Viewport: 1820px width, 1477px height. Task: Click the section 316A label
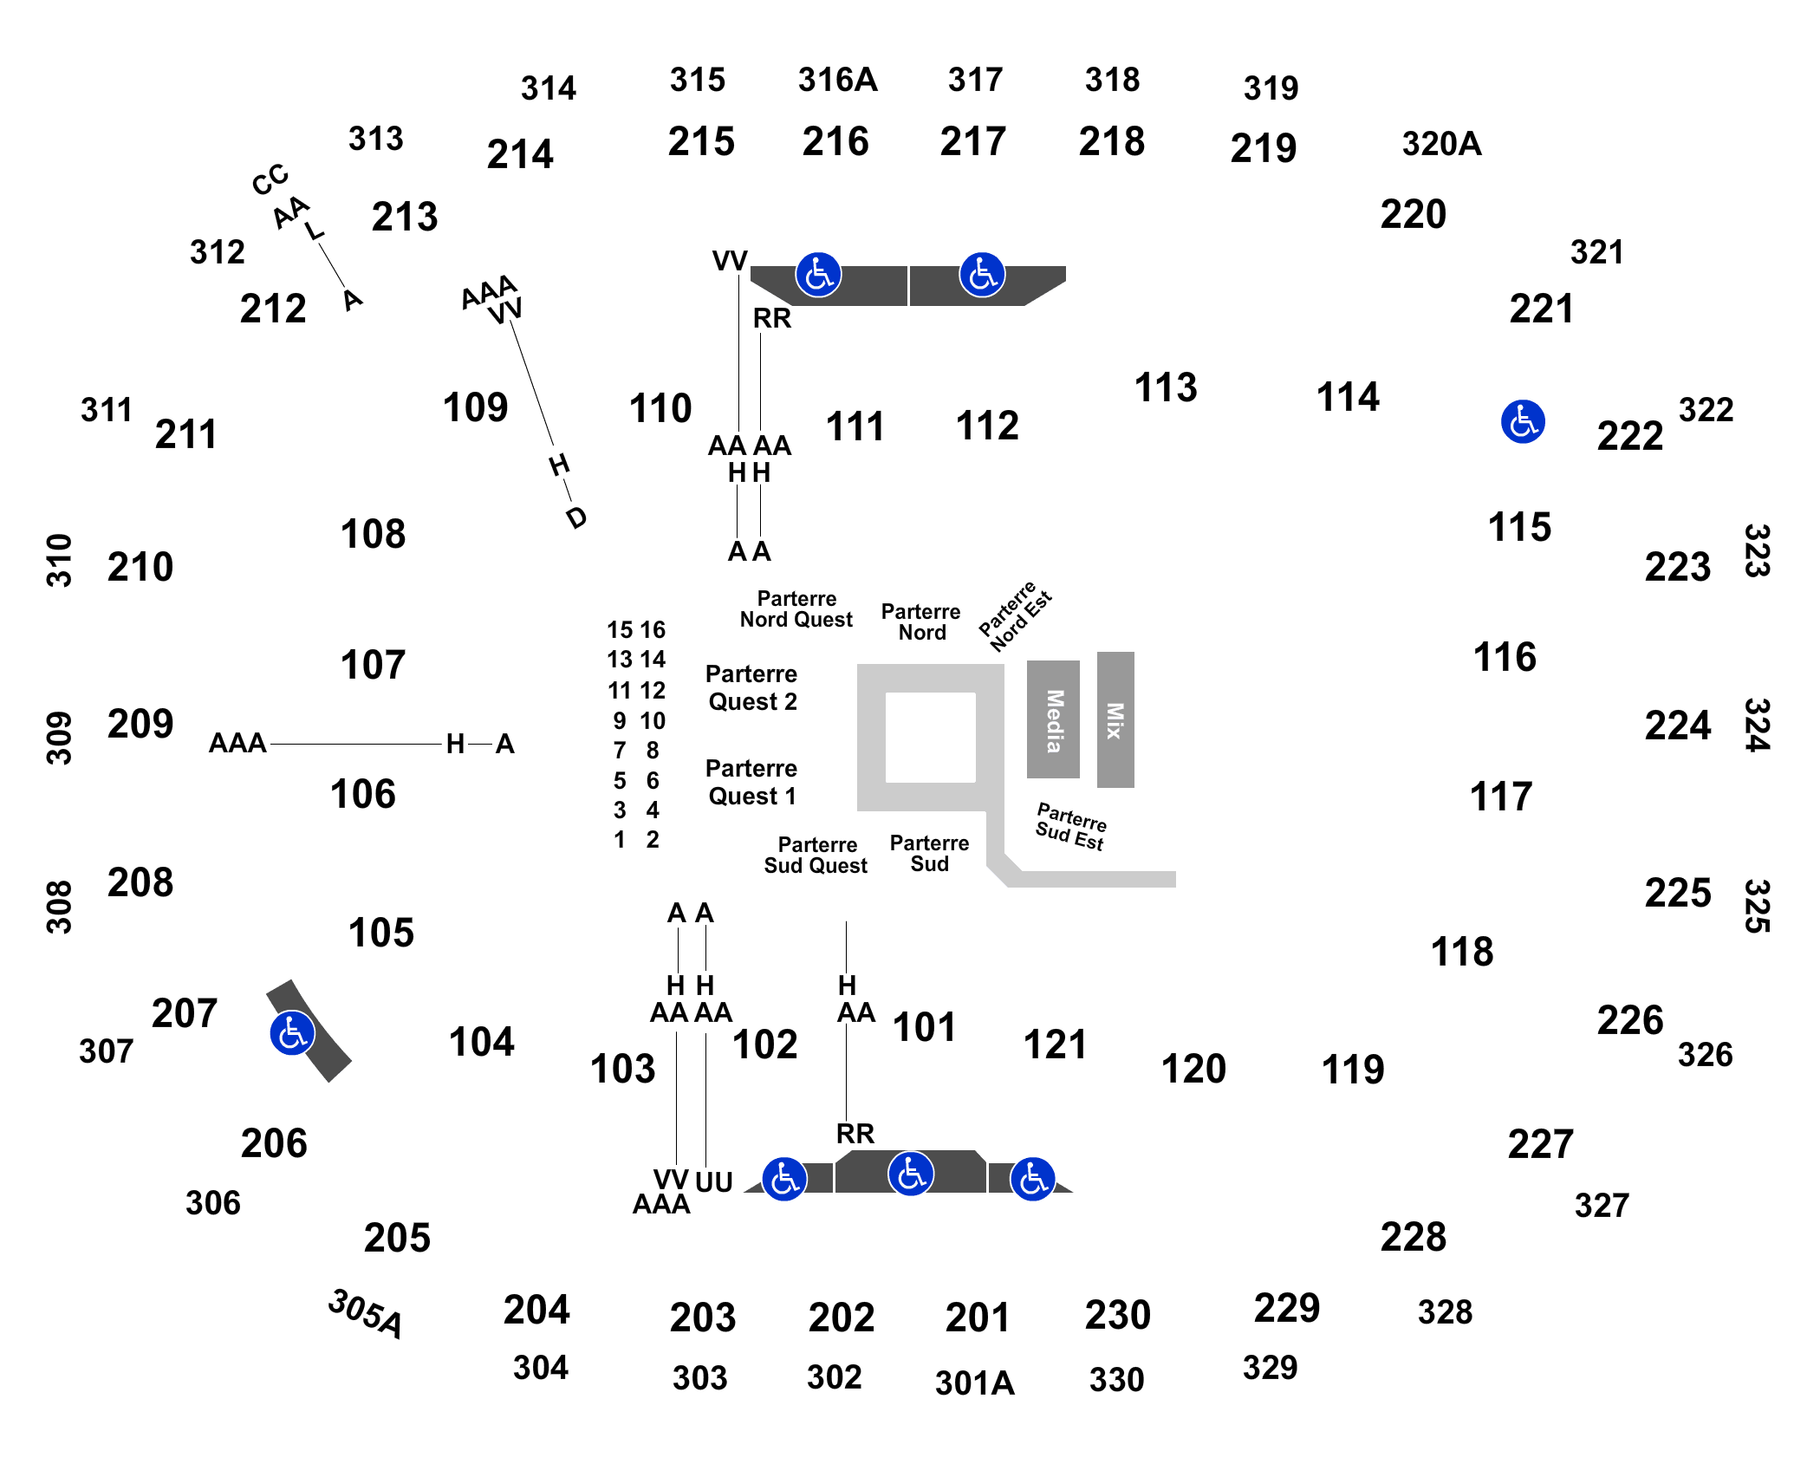pos(837,80)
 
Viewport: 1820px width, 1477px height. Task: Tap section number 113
pos(1166,387)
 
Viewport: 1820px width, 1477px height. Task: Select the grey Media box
pos(1053,719)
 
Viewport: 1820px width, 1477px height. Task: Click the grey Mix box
pos(1115,719)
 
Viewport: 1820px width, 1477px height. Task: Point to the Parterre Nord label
pos(921,621)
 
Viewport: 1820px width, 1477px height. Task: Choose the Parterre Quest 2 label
pos(751,687)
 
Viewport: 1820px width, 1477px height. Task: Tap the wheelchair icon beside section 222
pos(1523,422)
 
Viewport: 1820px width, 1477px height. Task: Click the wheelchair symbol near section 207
pos(292,1033)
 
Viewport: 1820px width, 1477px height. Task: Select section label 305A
pos(366,1313)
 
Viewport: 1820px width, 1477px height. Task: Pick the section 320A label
pos(1441,144)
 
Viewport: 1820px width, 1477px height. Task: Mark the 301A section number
pos(974,1383)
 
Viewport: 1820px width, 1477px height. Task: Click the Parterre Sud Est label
pos(1071,826)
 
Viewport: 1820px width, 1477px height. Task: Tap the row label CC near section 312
pos(270,179)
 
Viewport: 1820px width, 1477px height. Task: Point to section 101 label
pos(924,1027)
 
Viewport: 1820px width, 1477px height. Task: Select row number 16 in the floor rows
pos(653,629)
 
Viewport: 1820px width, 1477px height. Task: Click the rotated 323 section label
pos(1757,550)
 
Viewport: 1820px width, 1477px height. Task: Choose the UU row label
pos(714,1181)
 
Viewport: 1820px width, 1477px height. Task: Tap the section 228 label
pos(1414,1237)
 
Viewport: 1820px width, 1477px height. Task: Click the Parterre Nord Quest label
pos(796,608)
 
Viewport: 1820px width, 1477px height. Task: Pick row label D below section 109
pos(576,517)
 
